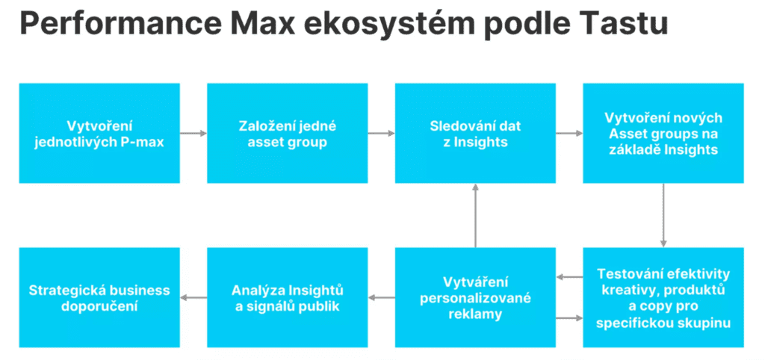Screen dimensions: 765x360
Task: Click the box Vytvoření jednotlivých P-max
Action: click(x=99, y=133)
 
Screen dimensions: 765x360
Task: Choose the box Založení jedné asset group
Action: click(x=288, y=133)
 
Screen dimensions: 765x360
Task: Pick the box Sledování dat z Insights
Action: click(x=475, y=133)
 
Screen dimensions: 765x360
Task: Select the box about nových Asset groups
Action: click(x=663, y=133)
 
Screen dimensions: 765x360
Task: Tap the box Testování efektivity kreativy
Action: click(x=663, y=297)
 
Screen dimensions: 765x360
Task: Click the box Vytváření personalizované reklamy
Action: click(x=475, y=297)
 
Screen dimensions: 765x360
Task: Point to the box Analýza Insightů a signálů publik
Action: click(x=288, y=297)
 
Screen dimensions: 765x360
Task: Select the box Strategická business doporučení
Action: click(x=99, y=297)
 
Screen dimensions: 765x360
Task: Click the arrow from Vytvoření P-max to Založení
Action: click(x=193, y=133)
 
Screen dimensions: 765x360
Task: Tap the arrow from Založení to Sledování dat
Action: click(x=382, y=133)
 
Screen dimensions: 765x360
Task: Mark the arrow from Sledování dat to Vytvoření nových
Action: click(x=569, y=133)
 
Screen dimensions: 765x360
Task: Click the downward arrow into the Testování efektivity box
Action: click(x=663, y=215)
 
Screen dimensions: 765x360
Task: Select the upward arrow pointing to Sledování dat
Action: click(x=475, y=215)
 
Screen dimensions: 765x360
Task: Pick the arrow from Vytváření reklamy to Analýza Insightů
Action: click(x=382, y=297)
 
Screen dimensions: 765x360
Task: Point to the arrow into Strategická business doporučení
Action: click(x=193, y=297)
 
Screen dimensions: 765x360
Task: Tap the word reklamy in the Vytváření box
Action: click(x=475, y=314)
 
